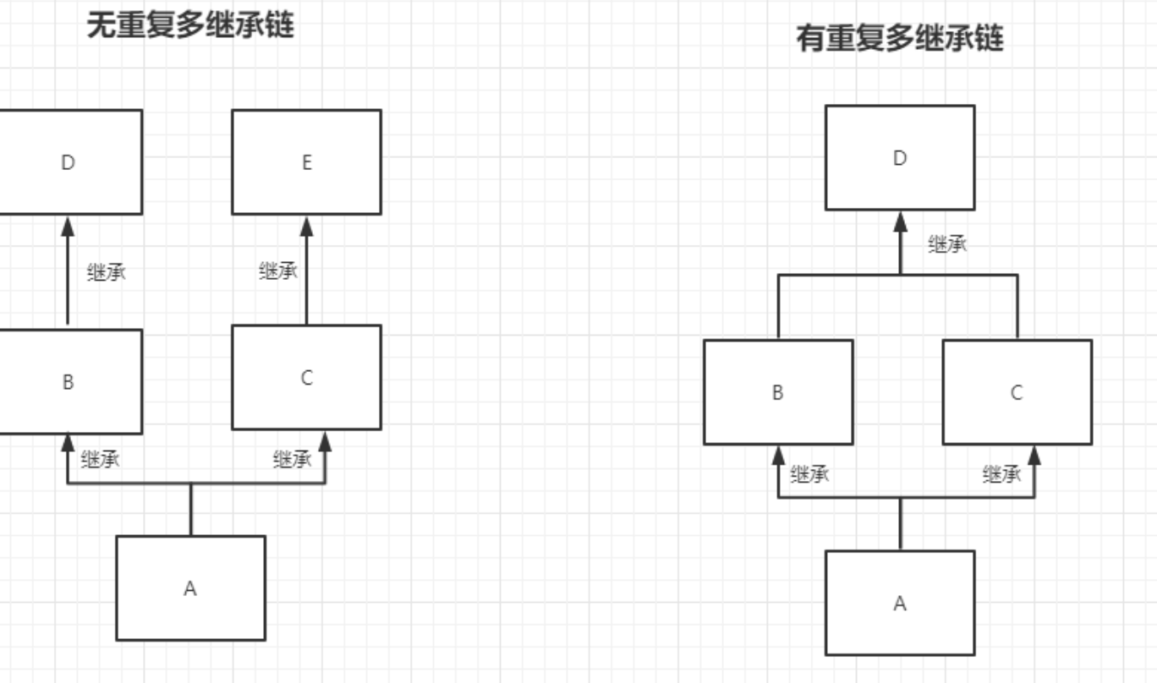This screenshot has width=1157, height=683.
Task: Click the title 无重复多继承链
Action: tap(190, 25)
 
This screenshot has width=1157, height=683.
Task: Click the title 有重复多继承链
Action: tap(899, 38)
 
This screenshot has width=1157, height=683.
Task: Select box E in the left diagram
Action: tap(306, 161)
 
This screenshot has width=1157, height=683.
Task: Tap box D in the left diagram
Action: tap(69, 161)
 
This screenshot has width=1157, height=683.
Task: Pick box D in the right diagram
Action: tap(899, 157)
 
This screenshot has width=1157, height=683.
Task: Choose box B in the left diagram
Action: tap(69, 381)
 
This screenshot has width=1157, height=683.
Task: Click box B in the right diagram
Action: tap(777, 392)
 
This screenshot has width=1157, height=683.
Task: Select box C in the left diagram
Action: tap(306, 377)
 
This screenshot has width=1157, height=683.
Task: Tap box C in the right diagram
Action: tap(1017, 392)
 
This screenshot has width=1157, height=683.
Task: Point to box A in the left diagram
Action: tap(190, 587)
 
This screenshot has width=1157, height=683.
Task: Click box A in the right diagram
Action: tap(899, 603)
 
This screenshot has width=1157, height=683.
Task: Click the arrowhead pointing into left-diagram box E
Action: tap(306, 226)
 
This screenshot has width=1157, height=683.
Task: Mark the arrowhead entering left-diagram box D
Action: tap(68, 226)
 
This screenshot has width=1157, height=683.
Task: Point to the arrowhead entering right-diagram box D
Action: tap(900, 221)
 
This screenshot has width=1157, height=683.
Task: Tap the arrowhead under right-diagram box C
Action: tap(1034, 456)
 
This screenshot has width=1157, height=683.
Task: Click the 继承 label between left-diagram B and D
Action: tap(107, 273)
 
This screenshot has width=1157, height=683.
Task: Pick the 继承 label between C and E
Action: tap(278, 271)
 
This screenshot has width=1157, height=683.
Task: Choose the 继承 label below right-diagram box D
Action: tap(947, 245)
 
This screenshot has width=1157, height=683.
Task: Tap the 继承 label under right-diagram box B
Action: tap(809, 474)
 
